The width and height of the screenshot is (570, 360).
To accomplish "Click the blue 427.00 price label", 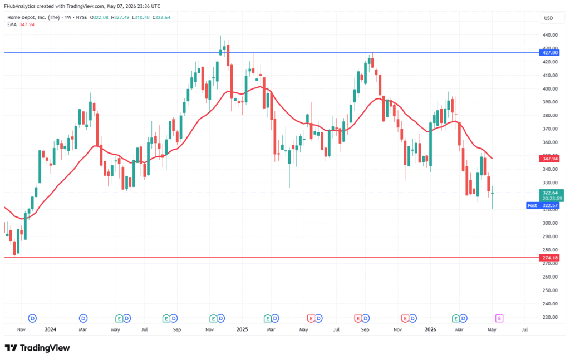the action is tap(549, 52).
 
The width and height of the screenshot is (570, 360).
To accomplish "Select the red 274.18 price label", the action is tap(549, 258).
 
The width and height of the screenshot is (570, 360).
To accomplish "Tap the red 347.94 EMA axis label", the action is tap(549, 159).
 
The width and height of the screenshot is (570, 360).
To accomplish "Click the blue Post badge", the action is tap(532, 205).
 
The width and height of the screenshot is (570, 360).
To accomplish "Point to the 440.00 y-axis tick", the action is tap(550, 35).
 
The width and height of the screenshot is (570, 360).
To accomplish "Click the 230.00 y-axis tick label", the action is tap(550, 317).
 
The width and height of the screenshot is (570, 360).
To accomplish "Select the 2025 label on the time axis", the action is tap(242, 329).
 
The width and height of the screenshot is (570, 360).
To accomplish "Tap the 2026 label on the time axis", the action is tap(430, 329).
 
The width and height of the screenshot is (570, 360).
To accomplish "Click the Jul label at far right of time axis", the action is tap(524, 329).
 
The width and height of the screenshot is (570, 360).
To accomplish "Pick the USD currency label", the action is tap(548, 18).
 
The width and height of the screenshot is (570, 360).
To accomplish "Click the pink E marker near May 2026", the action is tap(499, 319).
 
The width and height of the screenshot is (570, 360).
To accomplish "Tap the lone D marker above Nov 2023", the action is tap(32, 319).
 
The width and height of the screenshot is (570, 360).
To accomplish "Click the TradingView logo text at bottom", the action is tap(45, 348).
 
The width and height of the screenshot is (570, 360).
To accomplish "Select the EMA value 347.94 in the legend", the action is tap(27, 24).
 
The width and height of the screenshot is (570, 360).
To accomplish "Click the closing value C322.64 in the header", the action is tap(161, 17).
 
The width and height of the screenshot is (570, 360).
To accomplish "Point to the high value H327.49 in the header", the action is tap(120, 17).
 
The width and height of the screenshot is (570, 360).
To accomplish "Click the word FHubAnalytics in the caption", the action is tap(18, 6).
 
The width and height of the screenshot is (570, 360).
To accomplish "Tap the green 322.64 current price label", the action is tap(550, 193).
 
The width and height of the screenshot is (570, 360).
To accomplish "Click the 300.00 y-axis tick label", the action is tap(550, 223).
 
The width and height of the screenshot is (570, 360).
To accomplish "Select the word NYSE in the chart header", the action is tap(81, 17).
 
